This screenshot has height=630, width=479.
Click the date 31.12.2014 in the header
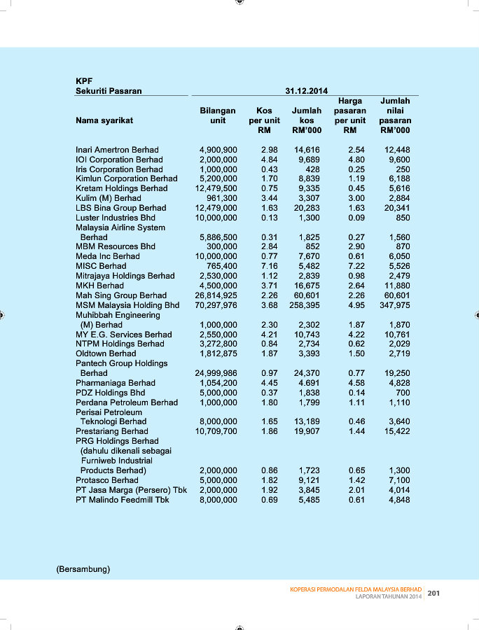click(x=307, y=91)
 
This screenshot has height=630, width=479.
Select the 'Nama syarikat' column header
click(x=104, y=120)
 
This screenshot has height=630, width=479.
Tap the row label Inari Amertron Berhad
click(x=117, y=150)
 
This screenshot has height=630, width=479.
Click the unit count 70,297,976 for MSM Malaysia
click(x=216, y=305)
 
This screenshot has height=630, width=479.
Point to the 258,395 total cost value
click(x=305, y=305)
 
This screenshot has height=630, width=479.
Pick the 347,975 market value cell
click(x=395, y=305)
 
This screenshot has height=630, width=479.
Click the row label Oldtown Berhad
click(x=106, y=354)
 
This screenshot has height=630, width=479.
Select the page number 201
click(x=433, y=594)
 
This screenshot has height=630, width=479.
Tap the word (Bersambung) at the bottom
click(x=83, y=569)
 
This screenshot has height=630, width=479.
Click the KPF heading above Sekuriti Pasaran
click(x=84, y=81)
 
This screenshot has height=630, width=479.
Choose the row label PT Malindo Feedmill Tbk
click(x=123, y=500)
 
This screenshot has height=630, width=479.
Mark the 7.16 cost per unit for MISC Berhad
click(x=270, y=266)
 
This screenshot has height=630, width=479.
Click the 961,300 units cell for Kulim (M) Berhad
click(x=220, y=198)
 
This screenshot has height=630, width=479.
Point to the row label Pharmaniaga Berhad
click(x=116, y=383)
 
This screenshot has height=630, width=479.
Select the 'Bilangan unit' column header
click(x=218, y=115)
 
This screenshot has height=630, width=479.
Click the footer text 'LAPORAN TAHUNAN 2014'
click(x=389, y=597)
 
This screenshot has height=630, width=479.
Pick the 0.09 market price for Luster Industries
click(x=356, y=218)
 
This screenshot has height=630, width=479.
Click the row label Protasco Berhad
click(x=107, y=480)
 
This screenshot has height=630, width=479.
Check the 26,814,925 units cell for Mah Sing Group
click(x=216, y=295)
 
